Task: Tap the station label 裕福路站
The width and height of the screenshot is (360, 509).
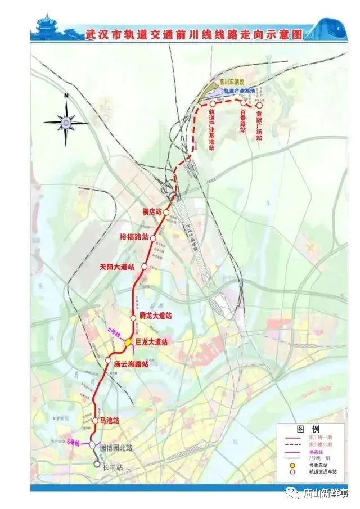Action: (135, 237)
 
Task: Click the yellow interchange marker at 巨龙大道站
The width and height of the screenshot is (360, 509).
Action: (128, 341)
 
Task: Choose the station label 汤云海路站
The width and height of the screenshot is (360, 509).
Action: (131, 364)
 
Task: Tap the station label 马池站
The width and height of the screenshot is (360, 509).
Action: (110, 421)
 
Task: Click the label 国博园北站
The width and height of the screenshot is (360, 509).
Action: (116, 448)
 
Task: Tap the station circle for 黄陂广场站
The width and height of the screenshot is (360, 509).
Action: (259, 105)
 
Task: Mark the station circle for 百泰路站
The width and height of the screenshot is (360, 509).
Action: (243, 103)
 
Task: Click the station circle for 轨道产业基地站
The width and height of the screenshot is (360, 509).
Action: (212, 104)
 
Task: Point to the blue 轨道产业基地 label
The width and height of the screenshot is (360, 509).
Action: (239, 91)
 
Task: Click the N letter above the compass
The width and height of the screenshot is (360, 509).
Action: (66, 96)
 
